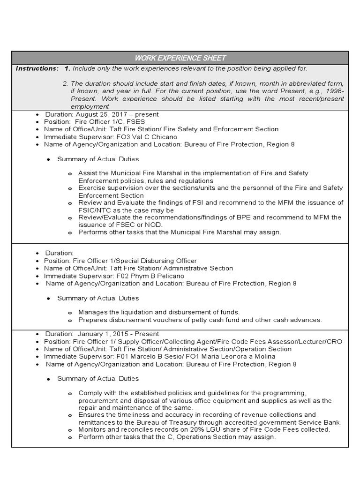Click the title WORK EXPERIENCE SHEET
point(180,58)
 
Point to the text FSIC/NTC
point(95,210)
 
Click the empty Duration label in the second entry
point(60,253)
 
